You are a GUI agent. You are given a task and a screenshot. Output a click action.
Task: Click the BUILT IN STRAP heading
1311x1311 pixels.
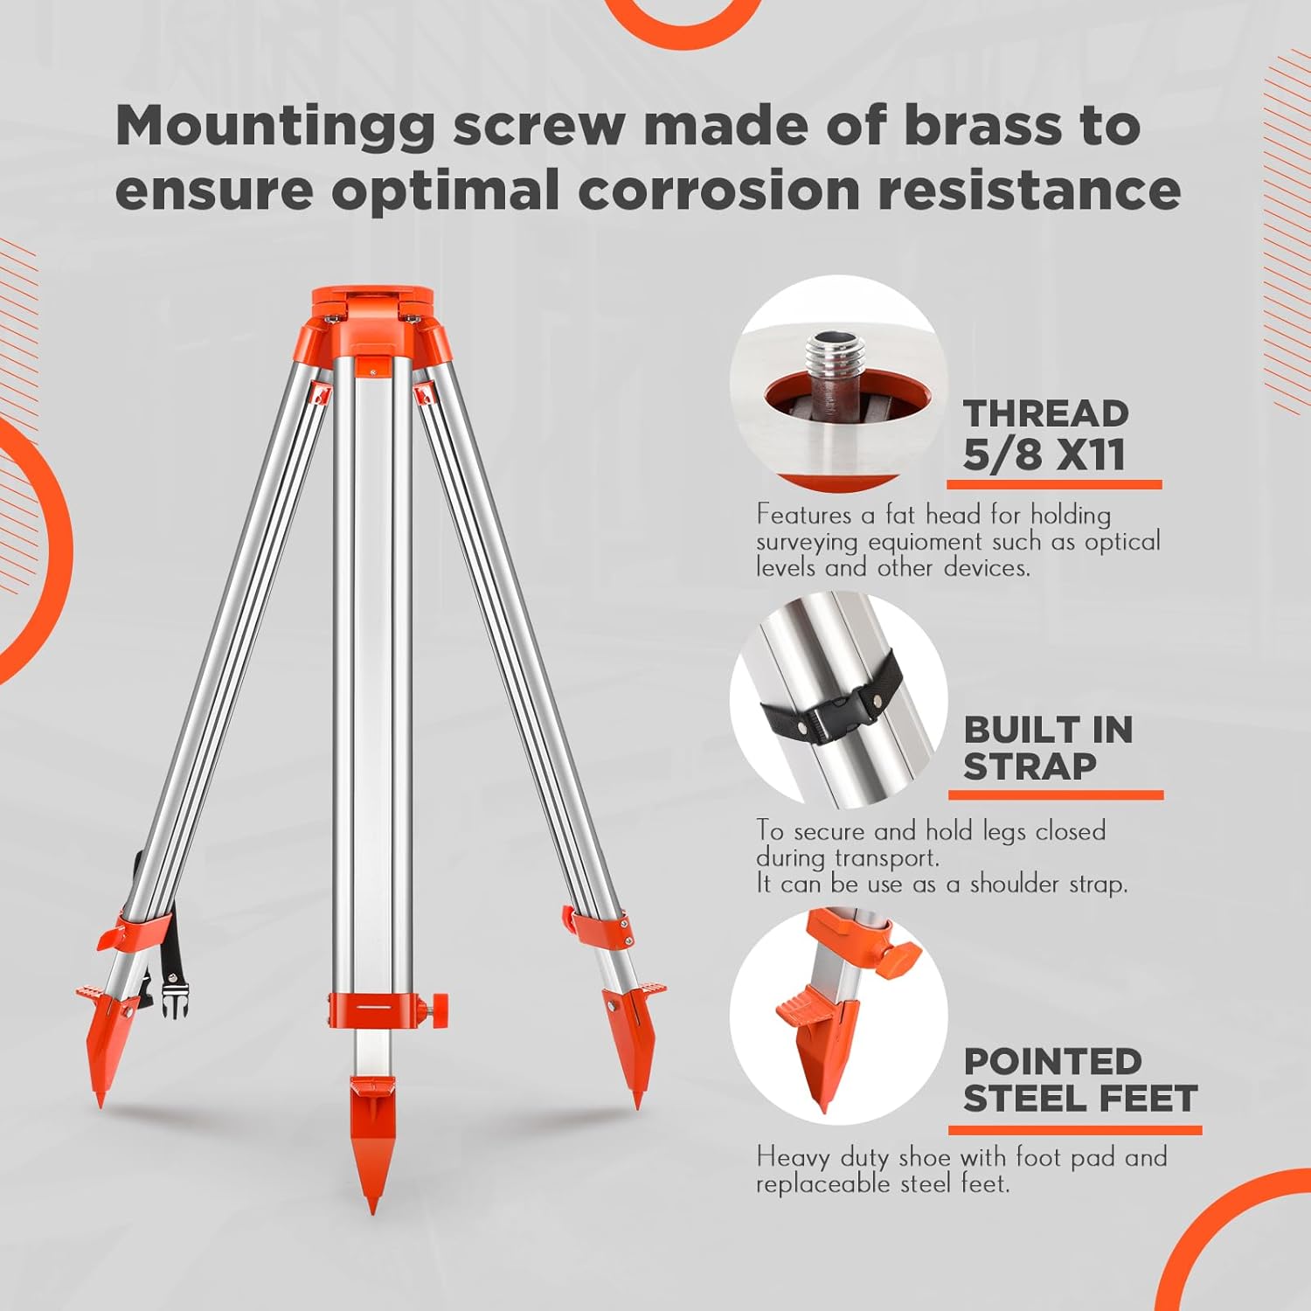(x=1047, y=747)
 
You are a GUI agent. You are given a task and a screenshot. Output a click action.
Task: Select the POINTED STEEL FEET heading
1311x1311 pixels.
(x=1079, y=1080)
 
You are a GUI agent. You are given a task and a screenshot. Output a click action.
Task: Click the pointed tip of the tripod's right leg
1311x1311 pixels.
(x=637, y=1105)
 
